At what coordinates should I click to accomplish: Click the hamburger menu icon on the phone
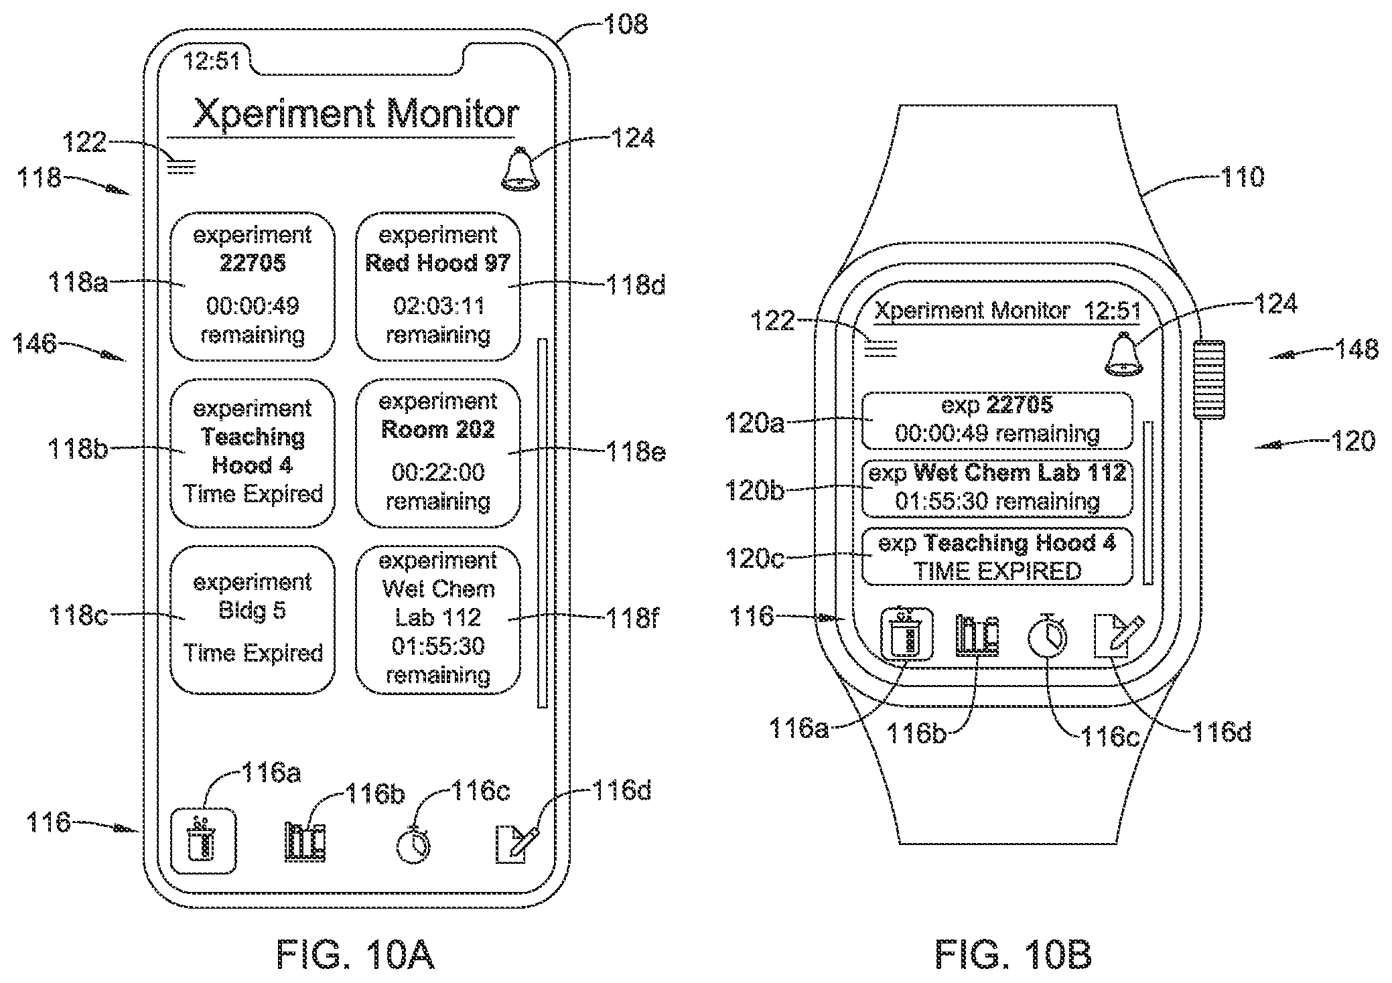click(181, 166)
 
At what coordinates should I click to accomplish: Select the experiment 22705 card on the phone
click(253, 287)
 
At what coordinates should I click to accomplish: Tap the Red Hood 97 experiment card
click(438, 287)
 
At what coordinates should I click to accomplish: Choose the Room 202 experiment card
click(438, 453)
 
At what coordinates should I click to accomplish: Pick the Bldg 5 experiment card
click(253, 620)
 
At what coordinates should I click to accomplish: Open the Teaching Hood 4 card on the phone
click(253, 453)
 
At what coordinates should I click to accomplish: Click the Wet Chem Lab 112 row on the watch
click(997, 488)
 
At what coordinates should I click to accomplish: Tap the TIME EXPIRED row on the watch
click(997, 556)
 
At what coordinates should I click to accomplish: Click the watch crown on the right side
click(1208, 380)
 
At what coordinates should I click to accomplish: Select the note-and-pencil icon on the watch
click(1118, 636)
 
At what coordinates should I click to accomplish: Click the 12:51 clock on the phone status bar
click(211, 62)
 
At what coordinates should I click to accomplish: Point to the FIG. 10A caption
click(356, 954)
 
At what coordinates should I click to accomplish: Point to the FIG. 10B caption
click(1014, 954)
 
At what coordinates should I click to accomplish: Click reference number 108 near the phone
click(626, 25)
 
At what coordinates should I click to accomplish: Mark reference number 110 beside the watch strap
click(1241, 177)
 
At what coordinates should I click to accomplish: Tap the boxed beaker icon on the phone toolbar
click(204, 842)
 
